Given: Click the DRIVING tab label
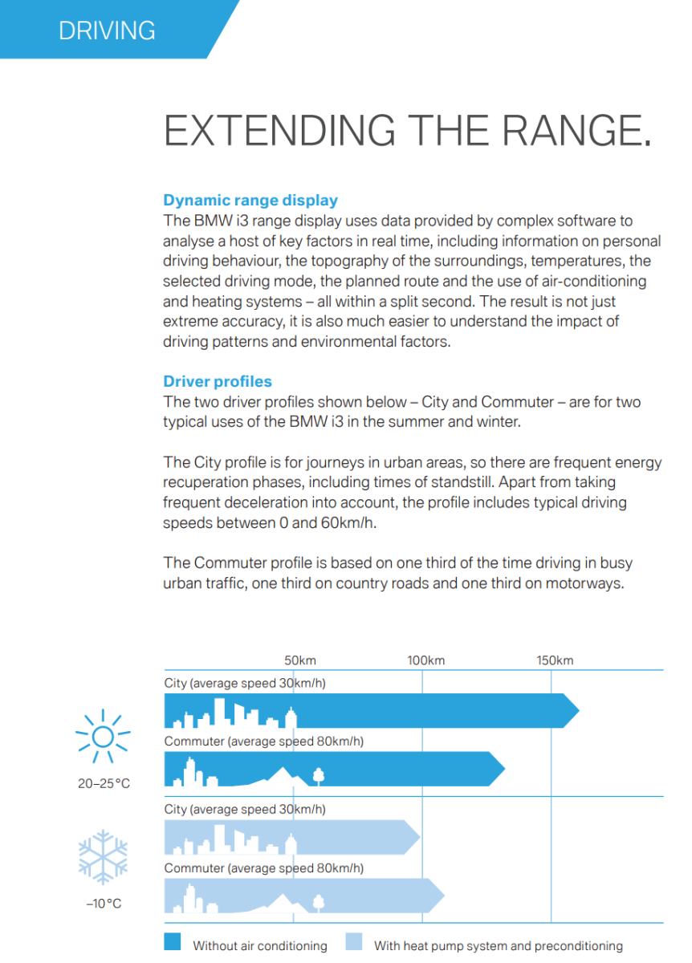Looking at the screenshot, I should (107, 30).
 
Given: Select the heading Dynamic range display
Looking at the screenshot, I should (250, 201).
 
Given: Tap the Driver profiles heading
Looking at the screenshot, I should (218, 381).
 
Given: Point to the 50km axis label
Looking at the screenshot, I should (300, 660).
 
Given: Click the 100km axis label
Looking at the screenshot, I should (425, 660).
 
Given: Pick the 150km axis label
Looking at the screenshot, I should (555, 660).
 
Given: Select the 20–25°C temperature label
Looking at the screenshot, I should (104, 783).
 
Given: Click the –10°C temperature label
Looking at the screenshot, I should (104, 904).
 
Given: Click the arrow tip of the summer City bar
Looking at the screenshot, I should (576, 710).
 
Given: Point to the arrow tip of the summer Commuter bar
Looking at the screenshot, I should (503, 770).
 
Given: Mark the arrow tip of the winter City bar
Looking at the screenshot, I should (417, 837).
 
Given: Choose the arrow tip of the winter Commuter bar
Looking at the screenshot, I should (442, 896).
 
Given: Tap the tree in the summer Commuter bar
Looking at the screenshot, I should (318, 775).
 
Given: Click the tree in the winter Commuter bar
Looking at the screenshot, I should (318, 901).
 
